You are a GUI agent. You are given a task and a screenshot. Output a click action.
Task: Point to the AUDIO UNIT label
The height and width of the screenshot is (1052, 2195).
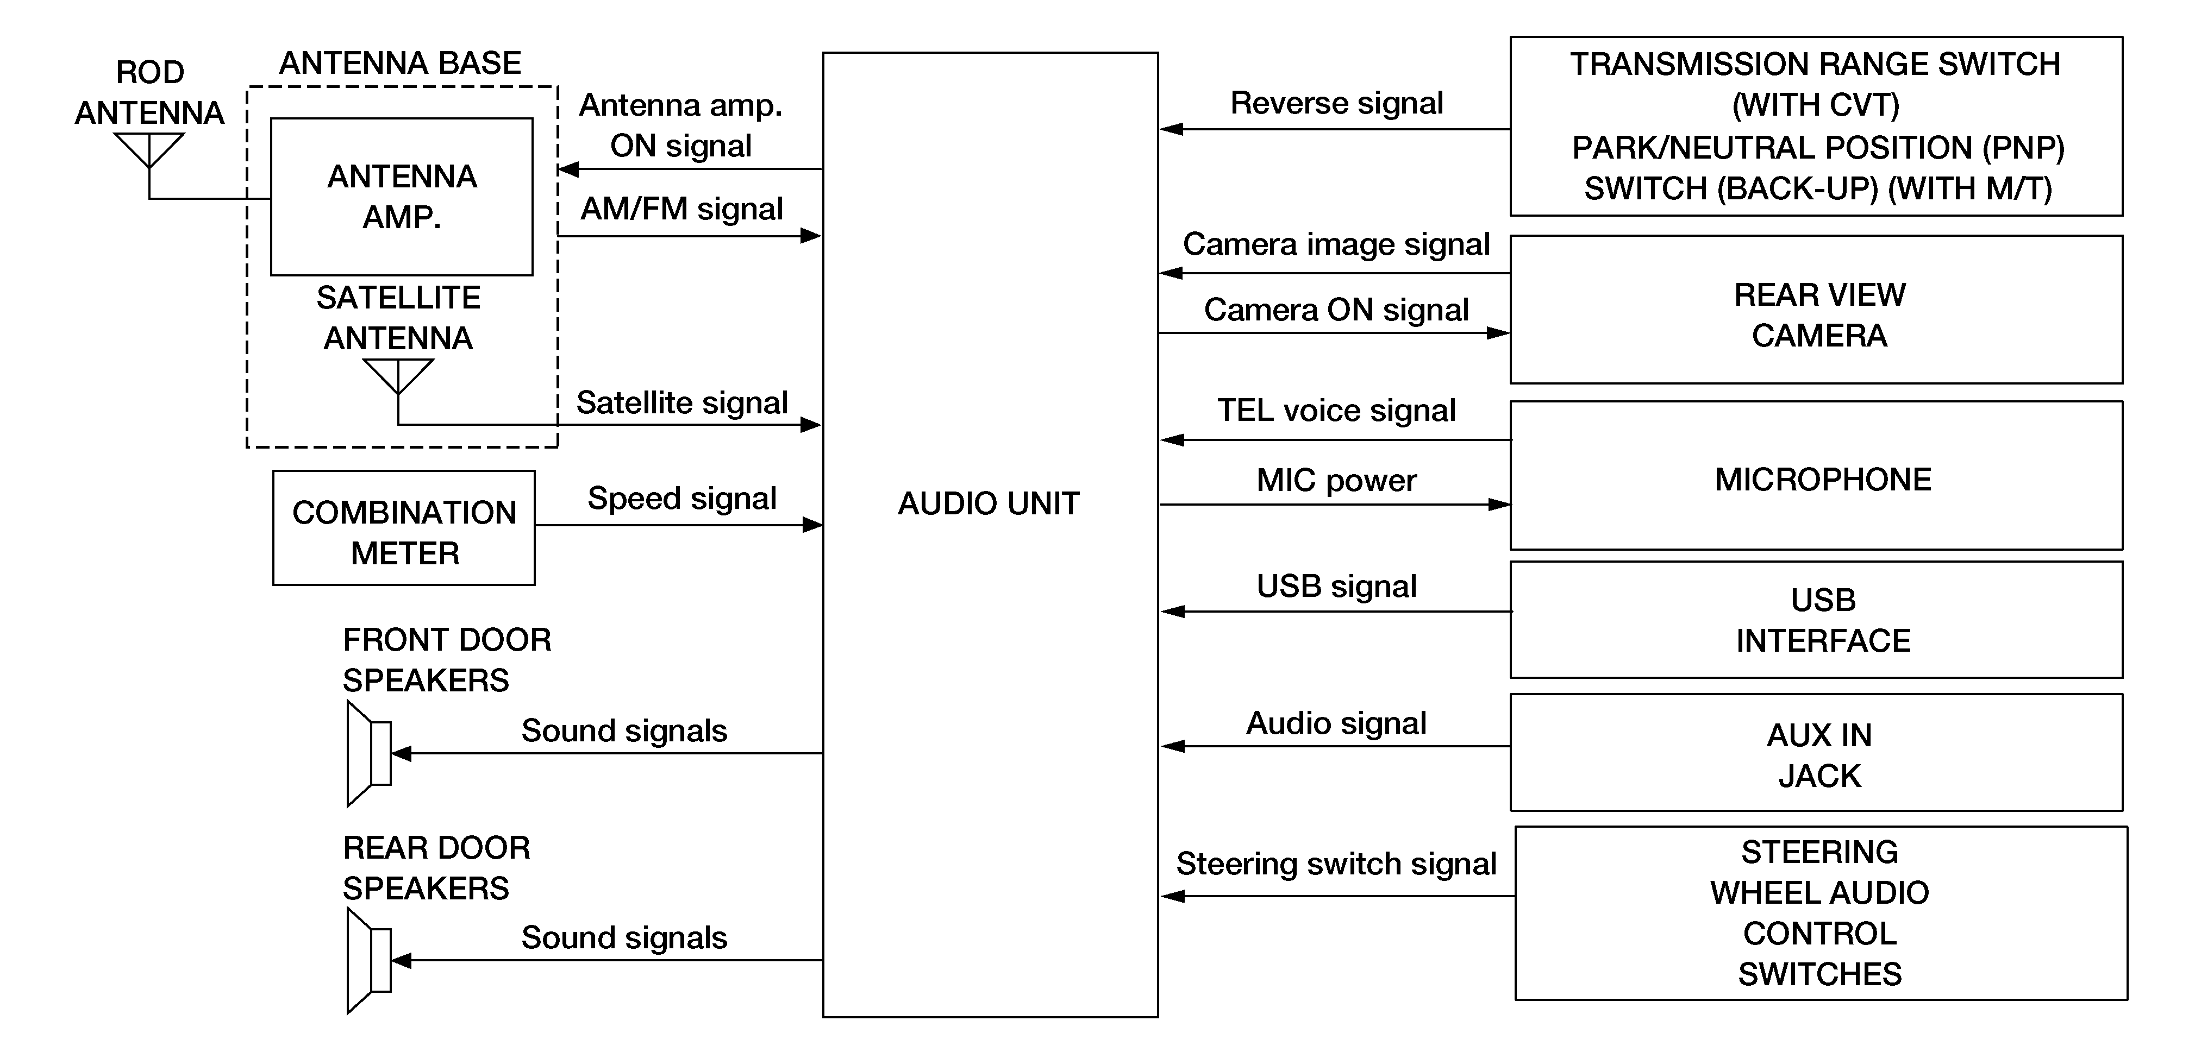click(989, 503)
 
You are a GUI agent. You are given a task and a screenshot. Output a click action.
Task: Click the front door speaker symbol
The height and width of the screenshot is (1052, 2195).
click(369, 753)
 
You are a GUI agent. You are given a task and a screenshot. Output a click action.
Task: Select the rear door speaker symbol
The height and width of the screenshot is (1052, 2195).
click(369, 961)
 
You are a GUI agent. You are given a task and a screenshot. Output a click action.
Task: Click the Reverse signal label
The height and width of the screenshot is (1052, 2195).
click(1336, 103)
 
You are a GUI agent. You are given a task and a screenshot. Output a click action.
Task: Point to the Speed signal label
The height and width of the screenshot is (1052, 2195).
click(681, 499)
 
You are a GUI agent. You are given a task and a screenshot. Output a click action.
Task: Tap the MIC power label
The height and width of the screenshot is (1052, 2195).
click(1336, 481)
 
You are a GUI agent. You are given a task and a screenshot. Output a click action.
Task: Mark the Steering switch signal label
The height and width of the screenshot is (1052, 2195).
click(1336, 864)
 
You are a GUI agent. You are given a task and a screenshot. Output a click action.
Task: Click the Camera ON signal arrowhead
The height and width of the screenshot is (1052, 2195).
click(1498, 333)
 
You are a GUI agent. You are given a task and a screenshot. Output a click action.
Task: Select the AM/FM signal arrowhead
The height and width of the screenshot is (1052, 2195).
click(810, 235)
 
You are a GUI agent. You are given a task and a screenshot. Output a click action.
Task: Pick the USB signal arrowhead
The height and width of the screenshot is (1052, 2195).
click(1172, 612)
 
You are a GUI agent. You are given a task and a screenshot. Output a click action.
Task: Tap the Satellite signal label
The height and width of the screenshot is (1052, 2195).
click(681, 403)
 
